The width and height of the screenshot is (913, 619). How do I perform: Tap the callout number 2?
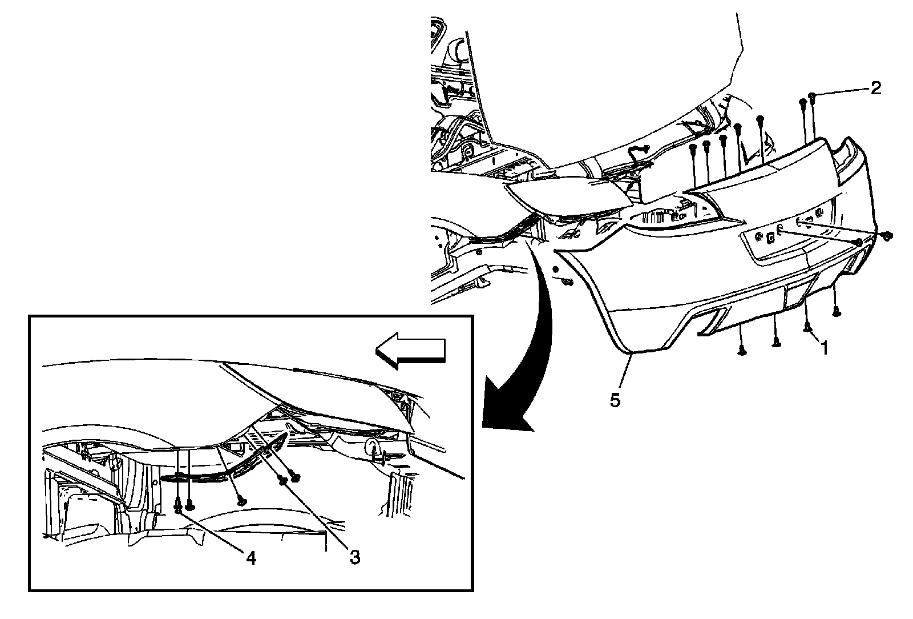(x=875, y=87)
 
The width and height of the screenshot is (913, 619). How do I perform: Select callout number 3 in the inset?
(x=355, y=557)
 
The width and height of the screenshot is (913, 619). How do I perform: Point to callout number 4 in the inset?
(x=251, y=557)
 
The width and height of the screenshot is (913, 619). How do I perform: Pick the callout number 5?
(x=615, y=400)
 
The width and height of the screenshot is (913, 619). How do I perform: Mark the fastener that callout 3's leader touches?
(x=284, y=481)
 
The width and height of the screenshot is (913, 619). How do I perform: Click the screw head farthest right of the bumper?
(x=887, y=235)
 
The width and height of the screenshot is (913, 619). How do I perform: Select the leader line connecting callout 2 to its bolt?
(x=842, y=91)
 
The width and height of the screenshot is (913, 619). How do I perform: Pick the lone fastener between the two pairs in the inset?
(x=242, y=501)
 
